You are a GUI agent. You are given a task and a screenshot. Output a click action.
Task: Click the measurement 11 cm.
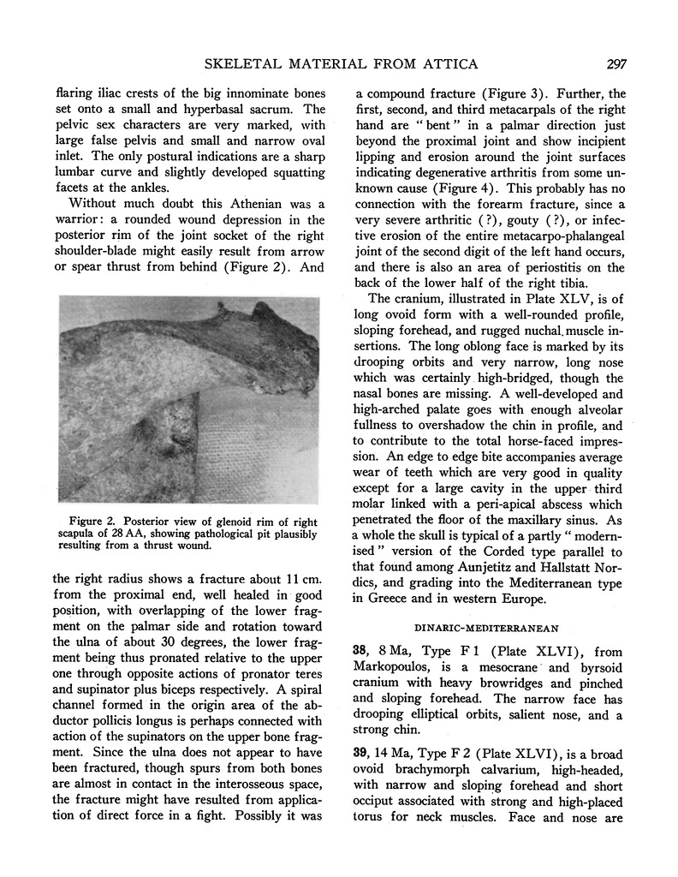click(x=282, y=577)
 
